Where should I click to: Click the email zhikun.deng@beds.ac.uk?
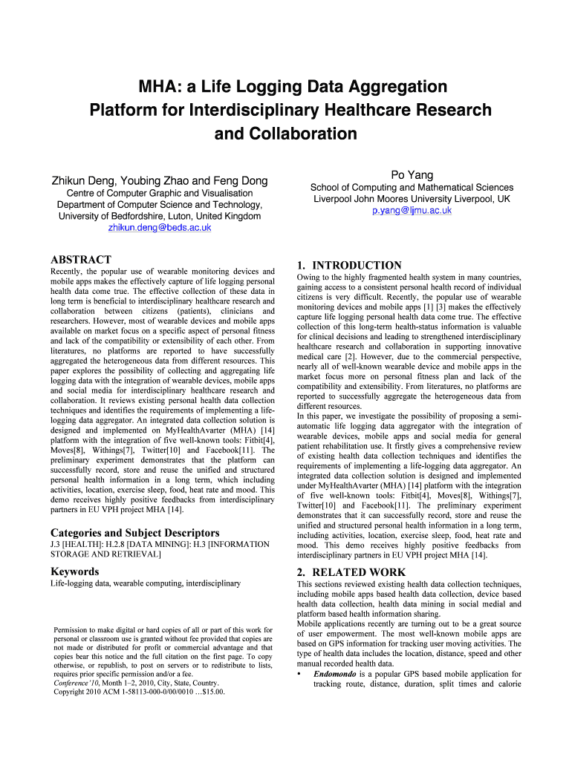[x=160, y=228]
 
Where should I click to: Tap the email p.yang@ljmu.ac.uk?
[x=412, y=211]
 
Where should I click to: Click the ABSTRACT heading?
[x=80, y=260]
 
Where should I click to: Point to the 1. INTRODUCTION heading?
[x=348, y=265]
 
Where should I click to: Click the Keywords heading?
[x=74, y=571]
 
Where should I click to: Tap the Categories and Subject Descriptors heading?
[x=134, y=533]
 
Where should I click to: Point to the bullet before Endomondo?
[x=299, y=674]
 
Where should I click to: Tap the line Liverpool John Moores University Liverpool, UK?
[x=412, y=199]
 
